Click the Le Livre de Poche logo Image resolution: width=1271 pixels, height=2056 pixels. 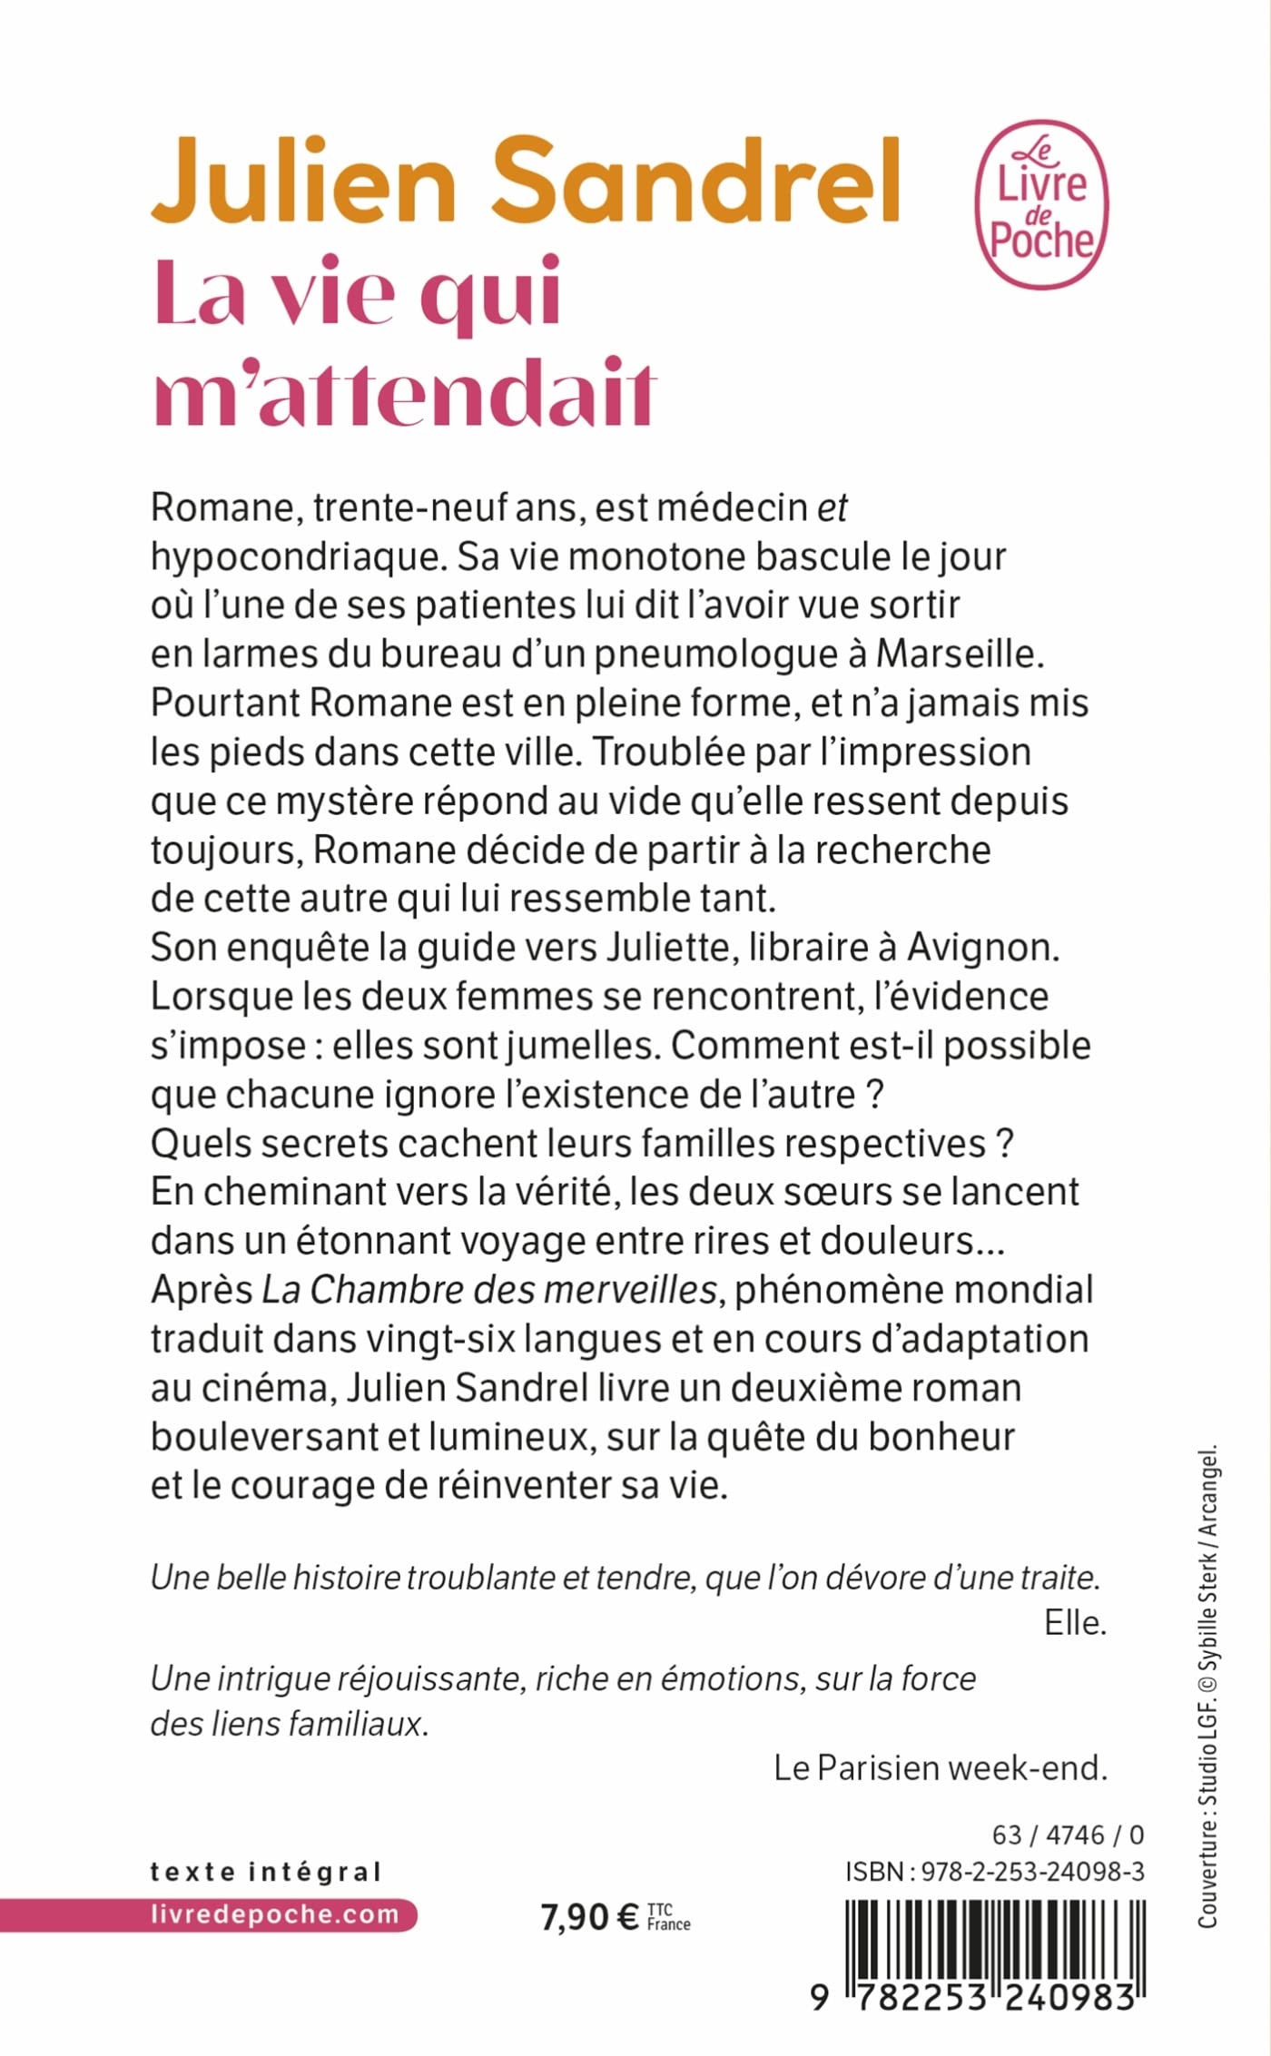coord(1040,203)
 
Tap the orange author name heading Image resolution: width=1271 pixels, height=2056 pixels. coord(525,182)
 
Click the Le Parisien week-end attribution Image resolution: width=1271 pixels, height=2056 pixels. coord(941,1767)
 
